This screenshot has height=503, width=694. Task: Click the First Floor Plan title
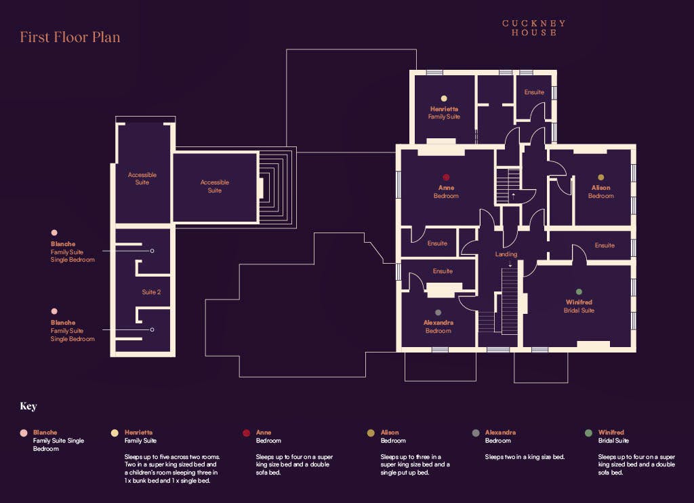(70, 37)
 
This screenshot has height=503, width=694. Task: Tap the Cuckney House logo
(534, 28)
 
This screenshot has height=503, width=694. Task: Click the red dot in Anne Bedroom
(446, 177)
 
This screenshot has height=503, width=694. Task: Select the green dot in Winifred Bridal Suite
(579, 291)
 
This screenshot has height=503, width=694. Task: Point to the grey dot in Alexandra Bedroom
(438, 313)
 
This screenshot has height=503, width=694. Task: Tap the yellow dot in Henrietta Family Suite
(444, 98)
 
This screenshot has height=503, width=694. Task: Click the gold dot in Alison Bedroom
(600, 177)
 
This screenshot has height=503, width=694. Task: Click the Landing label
(506, 254)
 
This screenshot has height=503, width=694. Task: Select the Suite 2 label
(151, 292)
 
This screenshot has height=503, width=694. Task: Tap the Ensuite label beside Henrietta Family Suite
(534, 92)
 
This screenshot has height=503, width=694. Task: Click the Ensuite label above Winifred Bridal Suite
(605, 245)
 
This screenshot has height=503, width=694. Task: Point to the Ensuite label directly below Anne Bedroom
(437, 243)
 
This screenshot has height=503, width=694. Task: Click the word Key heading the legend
(28, 407)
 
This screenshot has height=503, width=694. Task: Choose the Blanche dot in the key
(24, 433)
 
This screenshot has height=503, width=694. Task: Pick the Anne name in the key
(264, 432)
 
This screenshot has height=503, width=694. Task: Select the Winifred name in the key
(611, 432)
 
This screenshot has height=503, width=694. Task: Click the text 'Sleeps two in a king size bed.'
(525, 457)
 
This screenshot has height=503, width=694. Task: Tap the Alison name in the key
(390, 432)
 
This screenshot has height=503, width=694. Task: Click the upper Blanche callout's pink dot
(54, 233)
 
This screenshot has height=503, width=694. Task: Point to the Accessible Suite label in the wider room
(215, 186)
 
